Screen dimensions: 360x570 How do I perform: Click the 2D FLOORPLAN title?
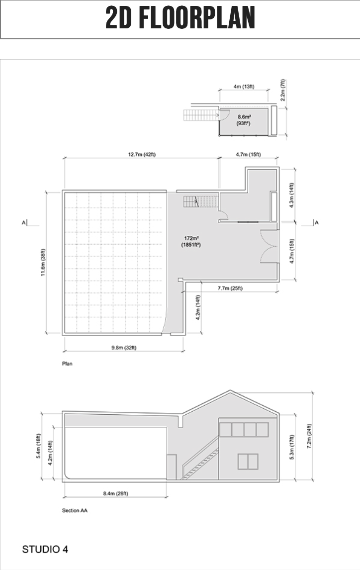pyautogui.click(x=180, y=18)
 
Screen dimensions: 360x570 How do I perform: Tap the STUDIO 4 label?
pyautogui.click(x=45, y=549)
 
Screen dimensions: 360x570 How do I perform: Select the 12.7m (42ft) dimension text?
pyautogui.click(x=142, y=155)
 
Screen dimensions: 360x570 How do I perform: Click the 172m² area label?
pyautogui.click(x=191, y=238)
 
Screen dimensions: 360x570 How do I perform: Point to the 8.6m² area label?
pyautogui.click(x=245, y=117)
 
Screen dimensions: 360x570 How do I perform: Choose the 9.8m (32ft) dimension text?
pyautogui.click(x=124, y=348)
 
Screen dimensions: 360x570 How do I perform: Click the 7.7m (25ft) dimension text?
pyautogui.click(x=230, y=288)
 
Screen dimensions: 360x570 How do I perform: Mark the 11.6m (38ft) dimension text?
pyautogui.click(x=43, y=262)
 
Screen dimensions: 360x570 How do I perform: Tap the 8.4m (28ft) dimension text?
pyautogui.click(x=115, y=493)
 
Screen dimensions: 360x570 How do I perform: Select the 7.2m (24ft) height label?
pyautogui.click(x=309, y=436)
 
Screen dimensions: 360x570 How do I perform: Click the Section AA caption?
pyautogui.click(x=75, y=510)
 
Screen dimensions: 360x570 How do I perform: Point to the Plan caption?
pyautogui.click(x=67, y=364)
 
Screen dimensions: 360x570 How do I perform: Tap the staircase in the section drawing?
pyautogui.click(x=200, y=459)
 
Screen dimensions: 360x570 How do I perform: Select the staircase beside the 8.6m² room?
pyautogui.click(x=201, y=115)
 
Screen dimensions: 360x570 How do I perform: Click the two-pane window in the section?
pyautogui.click(x=248, y=461)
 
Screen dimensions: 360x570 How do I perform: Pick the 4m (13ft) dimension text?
pyautogui.click(x=244, y=87)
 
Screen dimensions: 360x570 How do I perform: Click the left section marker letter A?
pyautogui.click(x=23, y=222)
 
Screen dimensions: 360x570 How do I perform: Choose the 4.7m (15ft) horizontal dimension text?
pyautogui.click(x=248, y=155)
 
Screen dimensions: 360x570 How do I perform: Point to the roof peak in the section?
pyautogui.click(x=230, y=391)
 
